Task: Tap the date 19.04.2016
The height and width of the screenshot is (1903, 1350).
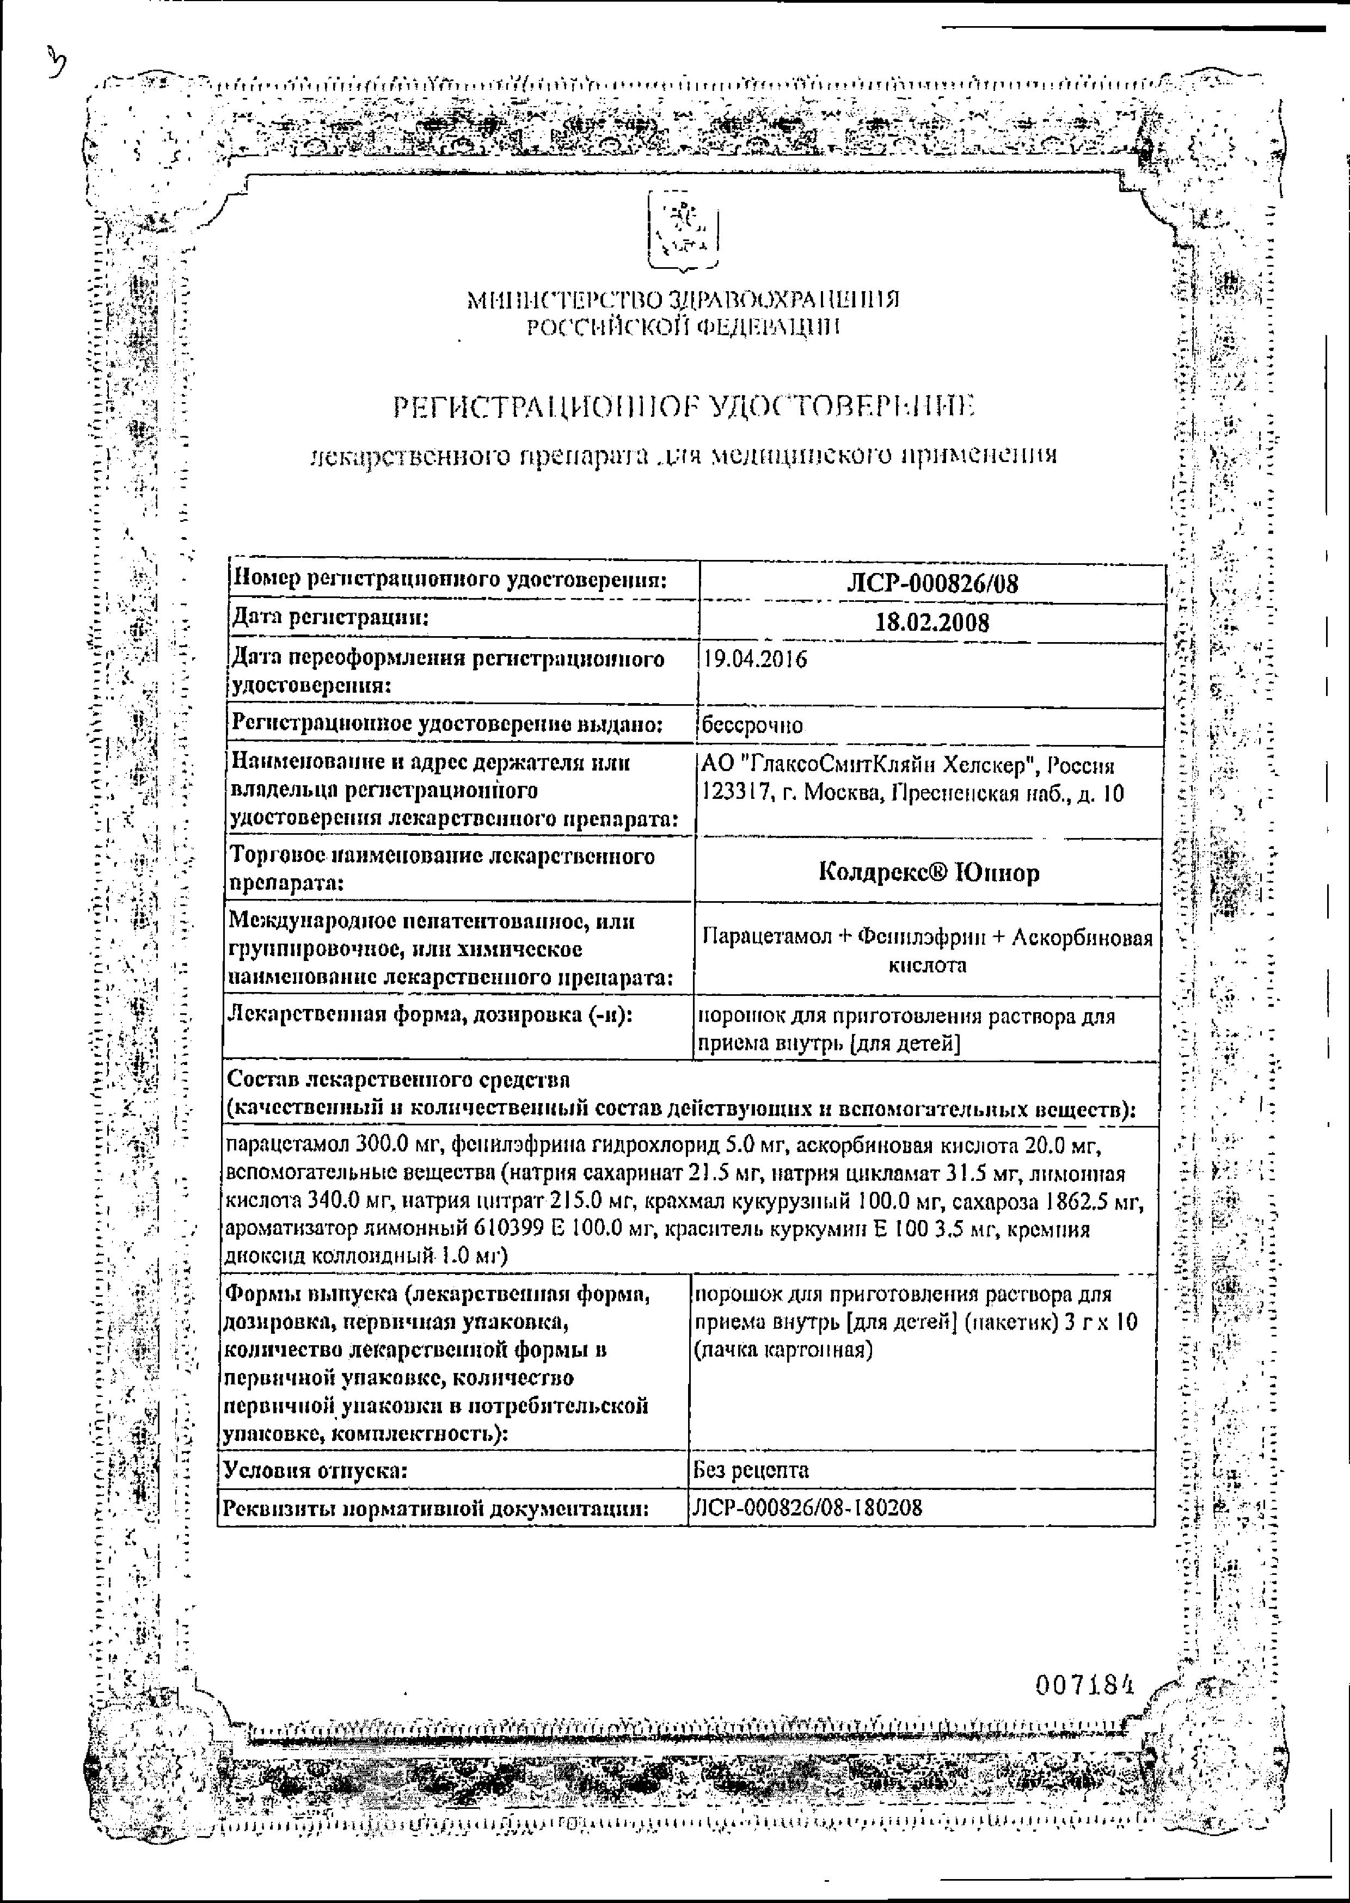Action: [x=755, y=660]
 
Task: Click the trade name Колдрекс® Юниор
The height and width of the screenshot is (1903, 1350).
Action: [x=929, y=872]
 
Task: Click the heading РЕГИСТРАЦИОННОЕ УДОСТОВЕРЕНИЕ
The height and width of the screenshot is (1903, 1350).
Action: [x=683, y=407]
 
